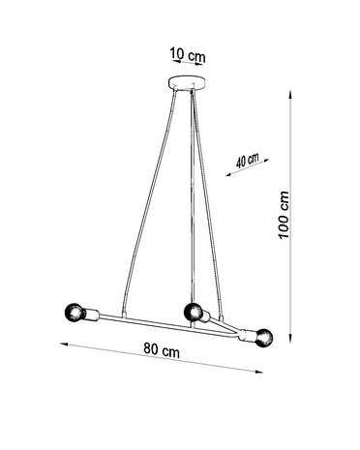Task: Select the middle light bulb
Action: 192,312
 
